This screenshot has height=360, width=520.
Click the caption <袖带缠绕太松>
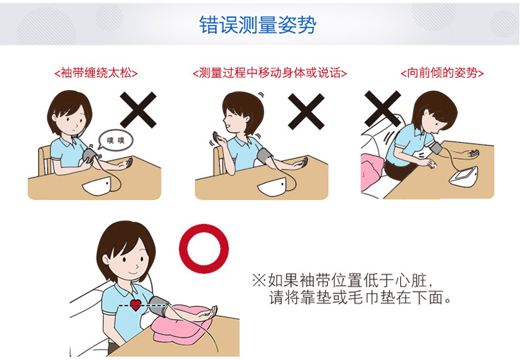point(95,73)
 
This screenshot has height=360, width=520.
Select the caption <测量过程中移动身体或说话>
point(270,73)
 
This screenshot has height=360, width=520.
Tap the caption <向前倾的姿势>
point(442,73)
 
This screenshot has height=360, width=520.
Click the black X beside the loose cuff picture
point(138,110)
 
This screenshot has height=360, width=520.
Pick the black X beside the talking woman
point(306,110)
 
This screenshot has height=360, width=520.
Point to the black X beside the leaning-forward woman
point(383,110)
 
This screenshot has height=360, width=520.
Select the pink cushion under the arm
point(183,324)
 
